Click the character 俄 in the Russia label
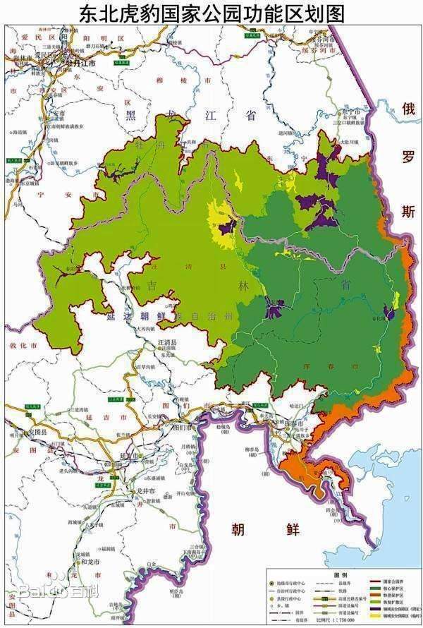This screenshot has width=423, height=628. point(408,109)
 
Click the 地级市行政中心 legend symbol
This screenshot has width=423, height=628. point(271,582)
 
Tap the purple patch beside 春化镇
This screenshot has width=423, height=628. point(388,313)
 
